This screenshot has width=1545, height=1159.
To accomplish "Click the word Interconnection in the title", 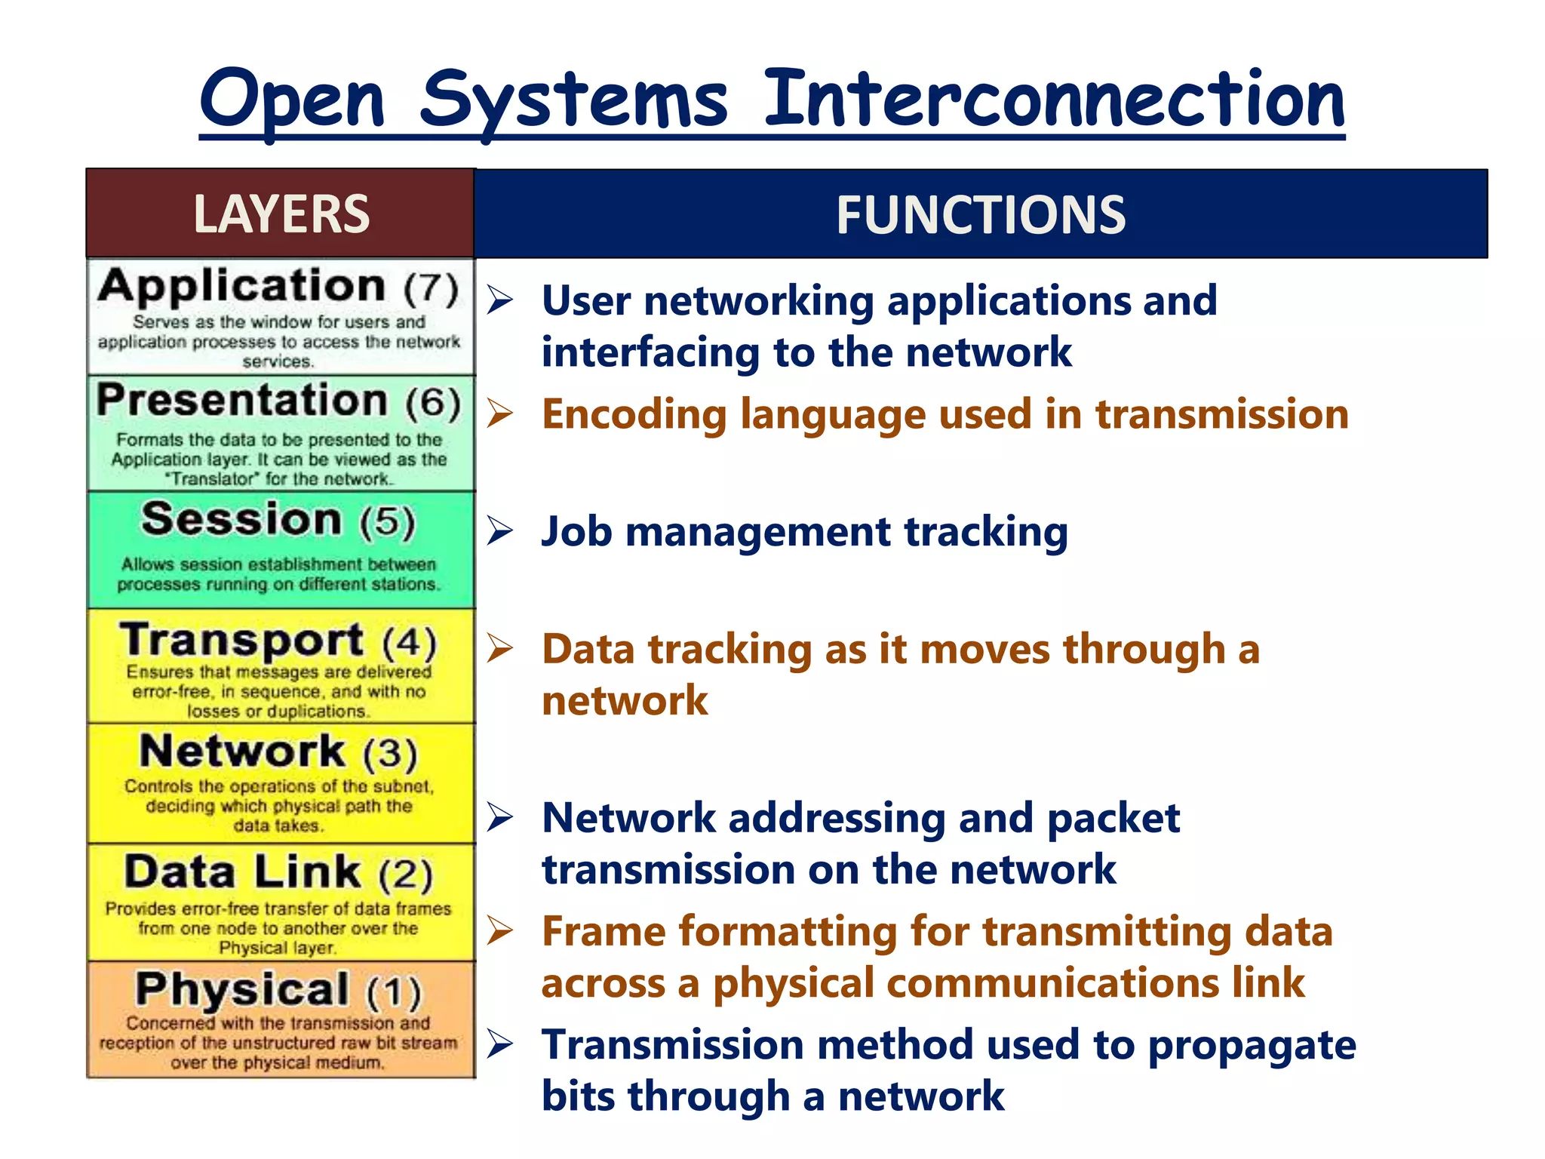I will (x=1055, y=100).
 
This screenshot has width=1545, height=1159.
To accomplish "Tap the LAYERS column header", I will (x=281, y=214).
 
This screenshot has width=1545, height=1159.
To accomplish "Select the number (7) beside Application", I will (x=431, y=289).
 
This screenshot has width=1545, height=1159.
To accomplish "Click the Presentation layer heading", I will (x=242, y=400).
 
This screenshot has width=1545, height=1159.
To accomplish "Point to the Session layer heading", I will (x=241, y=520).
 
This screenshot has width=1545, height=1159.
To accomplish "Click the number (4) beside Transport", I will (x=410, y=642).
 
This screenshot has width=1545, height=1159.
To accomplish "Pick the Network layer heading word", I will (x=242, y=752).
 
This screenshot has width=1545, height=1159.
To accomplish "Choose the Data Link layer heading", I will (x=243, y=872).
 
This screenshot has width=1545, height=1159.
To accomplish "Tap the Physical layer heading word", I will (x=242, y=989).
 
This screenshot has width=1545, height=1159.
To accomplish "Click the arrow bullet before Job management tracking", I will (x=499, y=531).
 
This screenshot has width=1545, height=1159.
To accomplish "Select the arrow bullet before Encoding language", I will (x=499, y=413).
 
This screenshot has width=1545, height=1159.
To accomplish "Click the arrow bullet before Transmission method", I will (x=499, y=1044).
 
